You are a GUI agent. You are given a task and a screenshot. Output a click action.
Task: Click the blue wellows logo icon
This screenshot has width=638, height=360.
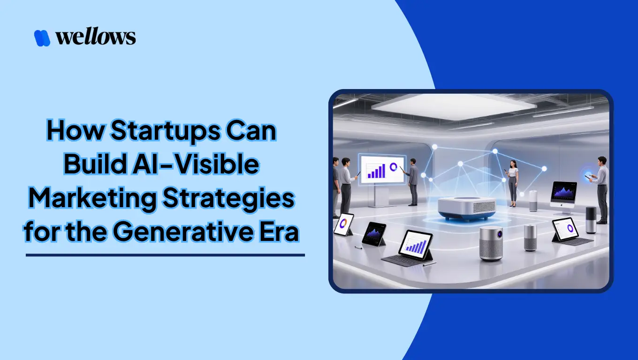pos(42,38)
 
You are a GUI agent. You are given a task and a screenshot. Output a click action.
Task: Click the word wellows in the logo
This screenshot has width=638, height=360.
pos(96,37)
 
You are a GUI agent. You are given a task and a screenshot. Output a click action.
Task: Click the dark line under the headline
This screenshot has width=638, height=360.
pos(165,255)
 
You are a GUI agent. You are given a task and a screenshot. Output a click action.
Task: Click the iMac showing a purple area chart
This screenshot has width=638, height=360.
pos(563,193)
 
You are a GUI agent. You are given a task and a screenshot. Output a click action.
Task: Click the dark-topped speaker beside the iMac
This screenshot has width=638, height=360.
pos(591,219)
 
